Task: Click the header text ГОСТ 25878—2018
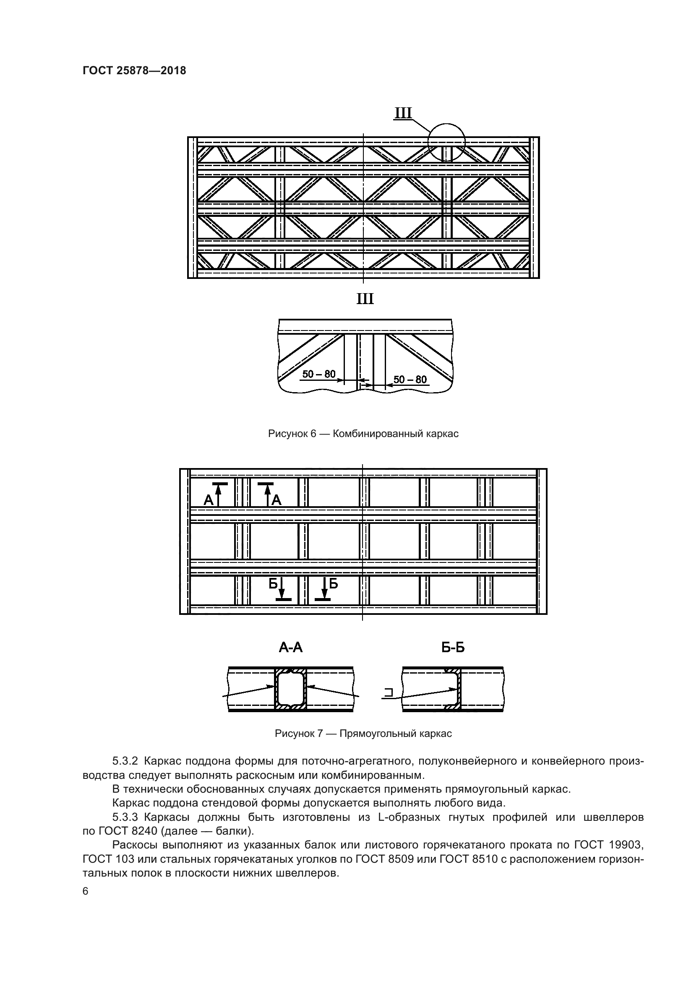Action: pos(134,71)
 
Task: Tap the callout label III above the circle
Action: pos(402,113)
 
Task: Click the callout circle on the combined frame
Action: pos(446,142)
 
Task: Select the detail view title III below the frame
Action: pos(365,299)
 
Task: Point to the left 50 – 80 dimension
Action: pos(319,374)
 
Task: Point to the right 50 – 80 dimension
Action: pos(410,380)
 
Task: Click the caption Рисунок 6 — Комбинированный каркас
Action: pos(363,434)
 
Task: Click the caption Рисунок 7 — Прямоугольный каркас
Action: pos(363,734)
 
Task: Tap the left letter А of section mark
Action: pos(208,500)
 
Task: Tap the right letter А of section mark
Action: pos(277,500)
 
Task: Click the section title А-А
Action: pos(291,648)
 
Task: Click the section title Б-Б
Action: pos(453,648)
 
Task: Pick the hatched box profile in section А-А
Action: pos(291,689)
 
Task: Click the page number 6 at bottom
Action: pos(86,891)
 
